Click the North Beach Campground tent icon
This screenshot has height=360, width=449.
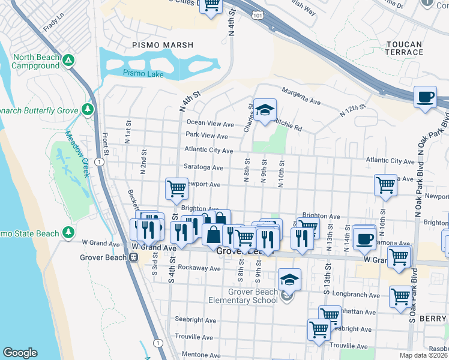pyautogui.click(x=69, y=60)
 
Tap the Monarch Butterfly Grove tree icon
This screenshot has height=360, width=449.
pyautogui.click(x=88, y=109)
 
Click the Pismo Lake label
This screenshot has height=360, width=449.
pyautogui.click(x=139, y=73)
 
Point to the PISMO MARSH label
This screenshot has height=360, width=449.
pyautogui.click(x=163, y=45)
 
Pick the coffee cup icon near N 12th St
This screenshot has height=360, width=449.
pyautogui.click(x=426, y=97)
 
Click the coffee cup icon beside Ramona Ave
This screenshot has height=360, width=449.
pyautogui.click(x=364, y=238)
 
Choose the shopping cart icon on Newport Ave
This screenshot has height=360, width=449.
pyautogui.click(x=176, y=188)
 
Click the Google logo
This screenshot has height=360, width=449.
pyautogui.click(x=20, y=353)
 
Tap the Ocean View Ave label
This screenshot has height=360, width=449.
pyautogui.click(x=210, y=124)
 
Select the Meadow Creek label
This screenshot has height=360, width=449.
pyautogui.click(x=77, y=154)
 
